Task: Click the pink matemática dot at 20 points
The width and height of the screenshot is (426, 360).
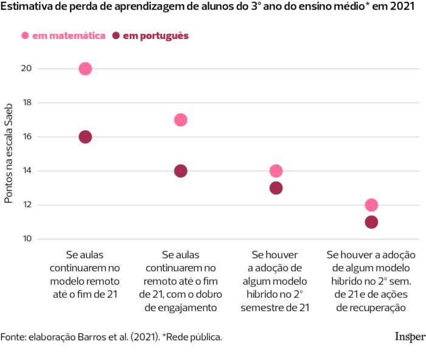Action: (x=85, y=69)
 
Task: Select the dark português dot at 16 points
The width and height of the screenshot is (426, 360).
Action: (x=85, y=137)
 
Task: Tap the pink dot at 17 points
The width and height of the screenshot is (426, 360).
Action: (x=181, y=120)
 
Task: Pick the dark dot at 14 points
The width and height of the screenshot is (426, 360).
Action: (x=181, y=171)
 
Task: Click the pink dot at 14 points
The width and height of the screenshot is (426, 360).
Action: (x=276, y=171)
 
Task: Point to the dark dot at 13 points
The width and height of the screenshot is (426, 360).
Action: (x=276, y=188)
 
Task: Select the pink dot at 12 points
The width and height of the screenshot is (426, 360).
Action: (x=371, y=205)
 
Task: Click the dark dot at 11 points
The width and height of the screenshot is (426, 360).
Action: (x=371, y=222)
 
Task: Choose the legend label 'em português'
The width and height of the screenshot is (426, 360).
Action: (x=156, y=36)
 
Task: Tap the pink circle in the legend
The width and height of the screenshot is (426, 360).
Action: (x=25, y=36)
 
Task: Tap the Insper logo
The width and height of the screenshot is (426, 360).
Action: (x=410, y=336)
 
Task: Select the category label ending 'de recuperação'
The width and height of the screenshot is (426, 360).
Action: (x=371, y=281)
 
